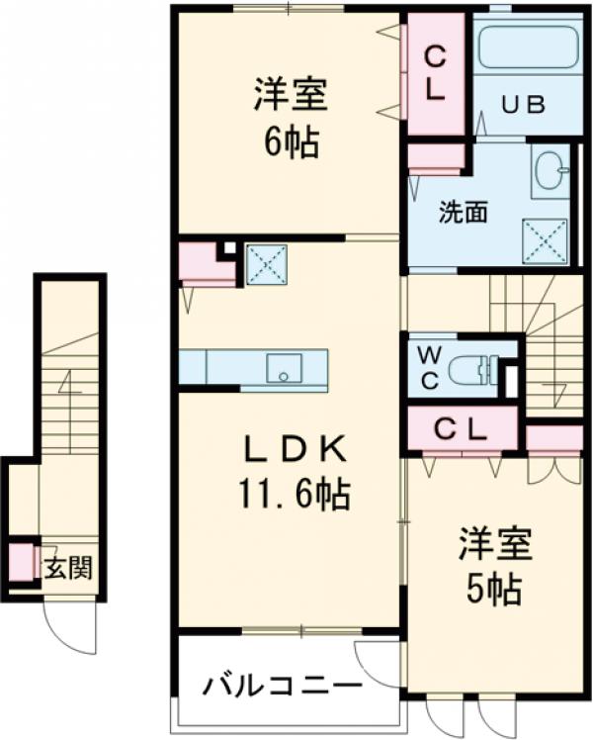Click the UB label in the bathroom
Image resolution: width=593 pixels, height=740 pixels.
(522, 105)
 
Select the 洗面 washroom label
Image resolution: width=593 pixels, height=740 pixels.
(462, 212)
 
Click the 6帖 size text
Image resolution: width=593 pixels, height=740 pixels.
(291, 144)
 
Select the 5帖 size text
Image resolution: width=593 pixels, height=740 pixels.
(494, 591)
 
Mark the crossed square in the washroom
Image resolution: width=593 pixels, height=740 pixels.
(545, 238)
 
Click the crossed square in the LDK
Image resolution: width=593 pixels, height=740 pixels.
(265, 263)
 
